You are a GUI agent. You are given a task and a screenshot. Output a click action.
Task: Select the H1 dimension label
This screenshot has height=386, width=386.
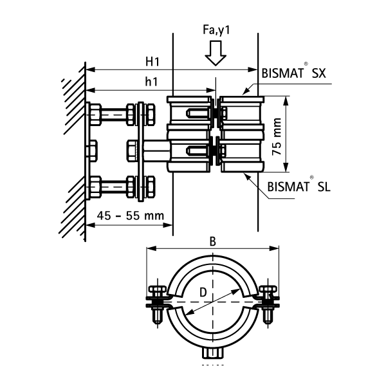[x=152, y=62]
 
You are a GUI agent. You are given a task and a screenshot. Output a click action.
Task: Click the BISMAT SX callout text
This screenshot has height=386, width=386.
[x=294, y=73]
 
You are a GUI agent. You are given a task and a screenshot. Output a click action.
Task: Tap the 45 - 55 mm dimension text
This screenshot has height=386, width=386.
[x=128, y=216]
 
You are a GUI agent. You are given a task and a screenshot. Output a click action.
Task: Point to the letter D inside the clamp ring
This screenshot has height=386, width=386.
[x=204, y=293]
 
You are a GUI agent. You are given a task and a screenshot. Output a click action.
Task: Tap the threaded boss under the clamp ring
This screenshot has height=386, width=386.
[x=212, y=353]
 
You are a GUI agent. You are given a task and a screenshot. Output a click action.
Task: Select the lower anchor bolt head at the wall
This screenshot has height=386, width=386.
[x=96, y=187]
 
